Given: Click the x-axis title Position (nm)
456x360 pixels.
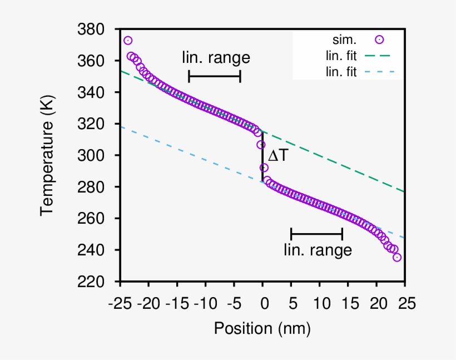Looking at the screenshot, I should [262, 328].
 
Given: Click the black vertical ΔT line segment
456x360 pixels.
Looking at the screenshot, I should [262, 156].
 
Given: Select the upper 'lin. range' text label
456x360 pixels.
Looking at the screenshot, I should [216, 57].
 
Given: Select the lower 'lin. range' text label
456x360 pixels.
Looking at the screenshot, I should [318, 250].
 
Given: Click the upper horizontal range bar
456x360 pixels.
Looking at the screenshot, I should [215, 76].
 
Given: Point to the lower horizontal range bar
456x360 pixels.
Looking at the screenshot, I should [317, 233].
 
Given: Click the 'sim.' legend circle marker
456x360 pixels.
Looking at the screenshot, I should [379, 40].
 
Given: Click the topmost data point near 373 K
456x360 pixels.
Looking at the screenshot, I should [128, 41].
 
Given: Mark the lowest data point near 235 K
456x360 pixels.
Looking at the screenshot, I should [397, 257].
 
